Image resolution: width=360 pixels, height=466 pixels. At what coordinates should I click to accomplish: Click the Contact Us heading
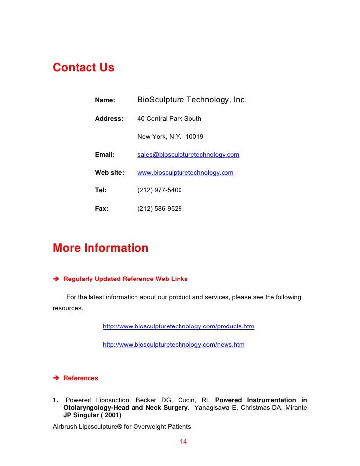(x=83, y=67)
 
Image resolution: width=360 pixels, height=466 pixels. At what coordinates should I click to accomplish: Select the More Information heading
(x=100, y=248)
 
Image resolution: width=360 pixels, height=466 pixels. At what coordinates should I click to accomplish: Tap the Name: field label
(x=105, y=100)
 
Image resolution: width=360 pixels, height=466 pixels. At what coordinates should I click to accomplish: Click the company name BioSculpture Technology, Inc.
(x=191, y=100)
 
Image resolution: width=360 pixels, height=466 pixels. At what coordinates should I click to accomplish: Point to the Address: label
(x=109, y=119)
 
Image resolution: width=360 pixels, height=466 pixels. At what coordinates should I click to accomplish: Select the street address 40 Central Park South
(x=169, y=119)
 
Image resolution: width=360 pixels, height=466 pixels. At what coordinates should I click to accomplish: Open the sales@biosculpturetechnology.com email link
(x=188, y=155)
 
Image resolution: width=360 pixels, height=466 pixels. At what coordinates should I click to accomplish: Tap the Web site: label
(x=109, y=173)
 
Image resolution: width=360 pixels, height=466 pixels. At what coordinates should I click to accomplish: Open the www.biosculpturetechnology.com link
(x=185, y=173)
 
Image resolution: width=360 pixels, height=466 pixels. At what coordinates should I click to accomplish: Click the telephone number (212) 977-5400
(x=159, y=190)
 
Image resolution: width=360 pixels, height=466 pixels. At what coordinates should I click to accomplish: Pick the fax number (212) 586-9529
(x=159, y=209)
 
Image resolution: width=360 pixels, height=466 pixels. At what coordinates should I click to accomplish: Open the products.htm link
(x=179, y=326)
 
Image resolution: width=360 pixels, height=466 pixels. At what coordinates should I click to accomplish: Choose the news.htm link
(x=174, y=344)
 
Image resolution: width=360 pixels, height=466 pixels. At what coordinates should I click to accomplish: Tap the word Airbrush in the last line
(x=65, y=426)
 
